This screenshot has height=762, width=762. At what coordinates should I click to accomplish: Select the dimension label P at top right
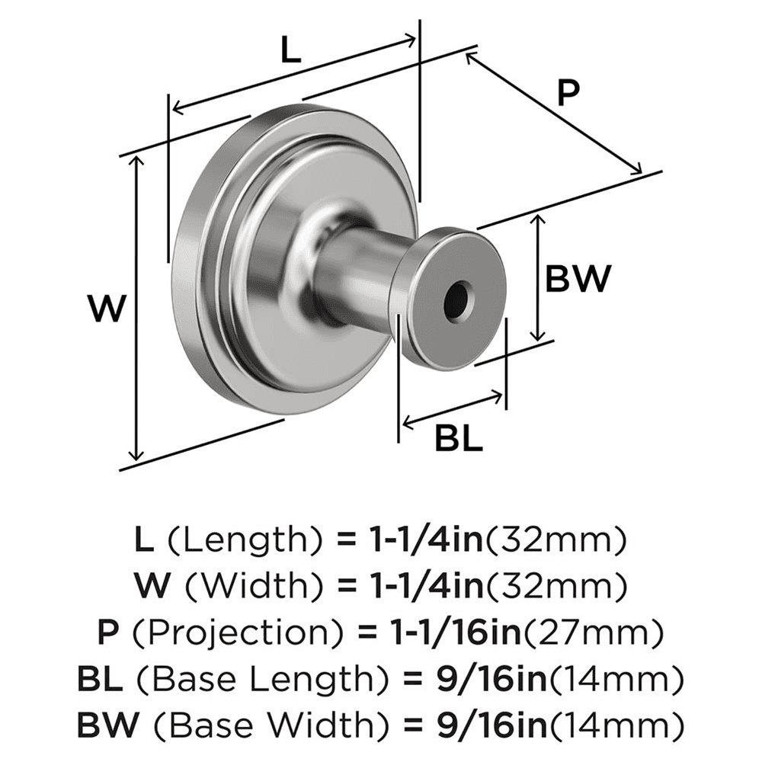click(x=568, y=94)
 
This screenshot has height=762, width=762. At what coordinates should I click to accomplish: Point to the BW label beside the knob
click(x=578, y=279)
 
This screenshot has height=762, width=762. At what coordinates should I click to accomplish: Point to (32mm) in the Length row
click(x=556, y=542)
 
